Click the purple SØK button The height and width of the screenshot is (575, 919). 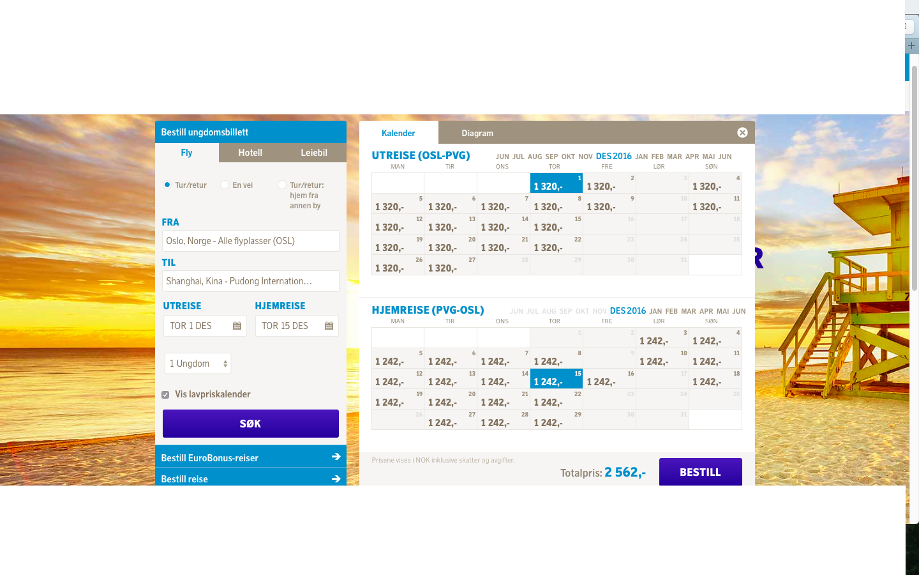point(250,424)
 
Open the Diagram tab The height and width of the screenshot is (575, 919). point(477,133)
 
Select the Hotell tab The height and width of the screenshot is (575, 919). point(250,152)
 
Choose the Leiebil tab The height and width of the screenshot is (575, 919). point(314,152)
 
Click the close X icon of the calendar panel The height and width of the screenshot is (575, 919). point(742,133)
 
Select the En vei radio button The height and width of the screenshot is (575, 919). point(225,185)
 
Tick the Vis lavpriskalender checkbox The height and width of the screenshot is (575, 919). point(165,395)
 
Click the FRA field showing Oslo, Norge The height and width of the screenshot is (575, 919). point(250,241)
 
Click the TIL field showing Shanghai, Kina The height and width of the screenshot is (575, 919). point(250,281)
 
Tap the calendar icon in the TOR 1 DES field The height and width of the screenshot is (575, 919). point(237,326)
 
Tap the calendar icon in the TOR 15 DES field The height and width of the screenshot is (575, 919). point(329,326)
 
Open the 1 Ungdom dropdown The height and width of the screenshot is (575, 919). point(198,364)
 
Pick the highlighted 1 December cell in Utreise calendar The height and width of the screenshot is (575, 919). point(557,183)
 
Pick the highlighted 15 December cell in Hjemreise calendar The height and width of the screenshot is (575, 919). point(557,379)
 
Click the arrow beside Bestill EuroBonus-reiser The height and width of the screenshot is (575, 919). point(336,457)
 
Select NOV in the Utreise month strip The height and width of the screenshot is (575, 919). point(585,157)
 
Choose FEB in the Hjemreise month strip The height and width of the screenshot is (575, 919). point(671,311)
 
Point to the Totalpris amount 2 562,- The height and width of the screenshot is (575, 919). point(625,472)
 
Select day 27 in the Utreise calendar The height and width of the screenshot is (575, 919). point(451,265)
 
